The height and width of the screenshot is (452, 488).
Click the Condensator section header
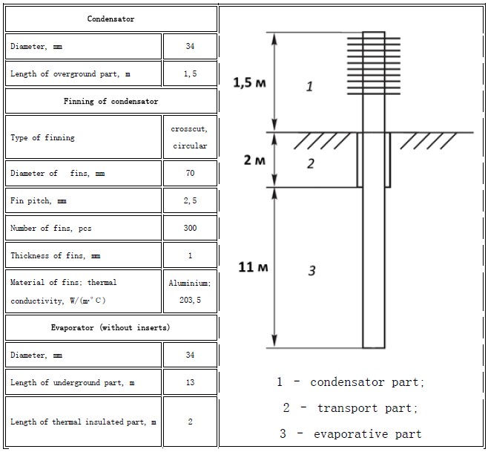[x=111, y=19]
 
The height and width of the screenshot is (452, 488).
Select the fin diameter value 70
[x=190, y=173]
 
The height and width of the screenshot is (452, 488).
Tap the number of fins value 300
[x=190, y=228]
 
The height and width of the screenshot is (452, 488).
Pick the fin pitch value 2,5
[x=190, y=200]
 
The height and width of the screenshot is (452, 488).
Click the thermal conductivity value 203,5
[x=190, y=300]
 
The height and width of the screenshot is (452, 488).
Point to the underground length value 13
[x=190, y=382]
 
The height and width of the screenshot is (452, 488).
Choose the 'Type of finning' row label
[x=42, y=138]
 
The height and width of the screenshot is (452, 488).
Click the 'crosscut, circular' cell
[x=190, y=137]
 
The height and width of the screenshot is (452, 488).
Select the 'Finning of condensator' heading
[x=111, y=101]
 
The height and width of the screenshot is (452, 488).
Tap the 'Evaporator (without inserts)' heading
[x=111, y=328]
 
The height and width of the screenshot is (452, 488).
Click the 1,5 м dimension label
[x=250, y=83]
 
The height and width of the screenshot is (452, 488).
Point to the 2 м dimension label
[x=254, y=160]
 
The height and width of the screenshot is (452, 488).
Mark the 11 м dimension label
[x=253, y=267]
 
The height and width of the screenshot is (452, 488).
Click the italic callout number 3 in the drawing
[x=311, y=270]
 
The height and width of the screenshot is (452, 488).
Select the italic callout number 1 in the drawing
[x=309, y=86]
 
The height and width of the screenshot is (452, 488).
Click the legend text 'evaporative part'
[x=368, y=434]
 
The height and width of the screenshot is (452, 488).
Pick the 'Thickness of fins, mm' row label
[x=56, y=256]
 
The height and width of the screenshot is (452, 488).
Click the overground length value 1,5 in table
[x=190, y=73]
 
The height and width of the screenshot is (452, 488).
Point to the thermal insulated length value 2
[x=190, y=422]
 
